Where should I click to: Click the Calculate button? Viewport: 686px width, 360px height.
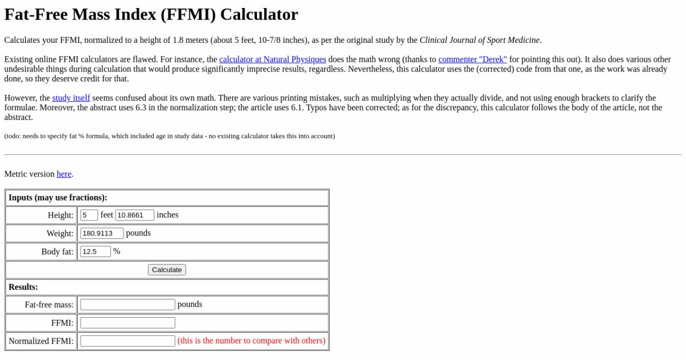pyautogui.click(x=167, y=270)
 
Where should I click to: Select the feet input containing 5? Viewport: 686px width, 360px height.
pyautogui.click(x=89, y=215)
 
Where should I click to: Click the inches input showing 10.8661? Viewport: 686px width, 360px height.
pyautogui.click(x=134, y=215)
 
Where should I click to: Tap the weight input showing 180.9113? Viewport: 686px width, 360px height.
pyautogui.click(x=102, y=233)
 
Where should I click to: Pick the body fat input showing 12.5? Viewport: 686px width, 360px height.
pyautogui.click(x=95, y=251)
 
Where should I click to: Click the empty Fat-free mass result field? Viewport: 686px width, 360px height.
pyautogui.click(x=127, y=305)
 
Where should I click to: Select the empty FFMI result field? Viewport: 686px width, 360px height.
pyautogui.click(x=127, y=323)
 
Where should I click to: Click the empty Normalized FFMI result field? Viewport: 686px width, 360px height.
pyautogui.click(x=127, y=341)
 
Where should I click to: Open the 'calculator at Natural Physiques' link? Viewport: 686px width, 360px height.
pyautogui.click(x=273, y=59)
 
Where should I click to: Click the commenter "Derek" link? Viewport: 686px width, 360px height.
pyautogui.click(x=472, y=59)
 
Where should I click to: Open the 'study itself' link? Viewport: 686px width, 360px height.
pyautogui.click(x=71, y=98)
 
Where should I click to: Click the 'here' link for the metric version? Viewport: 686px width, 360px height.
pyautogui.click(x=64, y=174)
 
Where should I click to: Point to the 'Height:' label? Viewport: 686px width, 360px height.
pyautogui.click(x=61, y=215)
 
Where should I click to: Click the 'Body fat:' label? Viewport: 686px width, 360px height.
pyautogui.click(x=58, y=252)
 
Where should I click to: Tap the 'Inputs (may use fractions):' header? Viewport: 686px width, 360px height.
pyautogui.click(x=58, y=198)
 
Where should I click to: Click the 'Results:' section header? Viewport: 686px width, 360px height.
pyautogui.click(x=23, y=287)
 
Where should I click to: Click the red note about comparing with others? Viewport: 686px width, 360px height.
pyautogui.click(x=252, y=341)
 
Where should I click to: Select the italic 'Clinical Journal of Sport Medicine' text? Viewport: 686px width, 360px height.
pyautogui.click(x=480, y=40)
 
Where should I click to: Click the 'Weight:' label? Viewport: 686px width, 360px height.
pyautogui.click(x=60, y=234)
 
